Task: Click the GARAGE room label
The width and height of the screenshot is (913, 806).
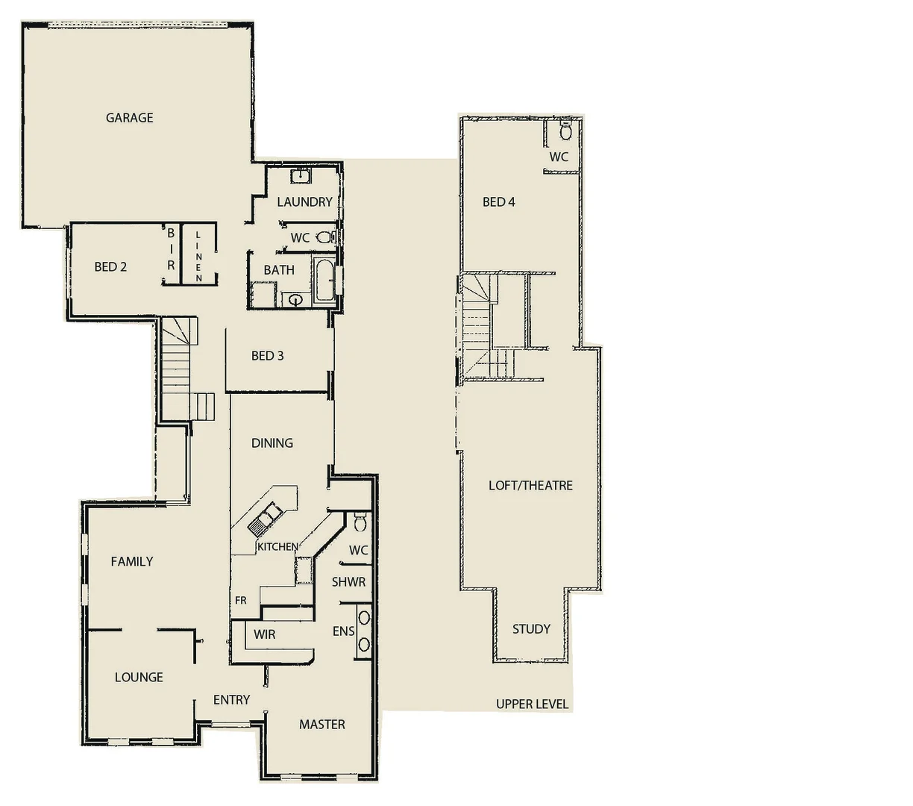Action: coord(129,117)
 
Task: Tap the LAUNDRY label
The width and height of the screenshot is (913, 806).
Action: coord(304,201)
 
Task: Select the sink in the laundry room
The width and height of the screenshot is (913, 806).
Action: coord(301,177)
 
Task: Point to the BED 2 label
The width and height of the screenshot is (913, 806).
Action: coord(110,266)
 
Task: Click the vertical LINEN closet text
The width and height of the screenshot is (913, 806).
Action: coord(198,256)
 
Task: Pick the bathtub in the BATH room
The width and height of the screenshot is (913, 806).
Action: coord(325,281)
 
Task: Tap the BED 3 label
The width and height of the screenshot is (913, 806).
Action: coord(267,355)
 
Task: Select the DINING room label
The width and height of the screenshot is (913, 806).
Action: coord(272,443)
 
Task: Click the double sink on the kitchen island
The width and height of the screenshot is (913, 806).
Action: coord(265,518)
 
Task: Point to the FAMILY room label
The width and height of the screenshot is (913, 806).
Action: coord(132,561)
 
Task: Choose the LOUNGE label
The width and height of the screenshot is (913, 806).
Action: coord(139,677)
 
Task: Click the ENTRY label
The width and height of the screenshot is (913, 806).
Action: coord(231,699)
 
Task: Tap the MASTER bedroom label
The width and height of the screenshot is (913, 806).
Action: coord(322,724)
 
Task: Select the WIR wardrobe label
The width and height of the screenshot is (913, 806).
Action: coord(264,634)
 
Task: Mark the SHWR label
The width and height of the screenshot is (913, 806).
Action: coord(348,581)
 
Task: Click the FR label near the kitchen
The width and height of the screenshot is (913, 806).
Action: coord(241,600)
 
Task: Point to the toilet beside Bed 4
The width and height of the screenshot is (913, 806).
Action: coord(565,133)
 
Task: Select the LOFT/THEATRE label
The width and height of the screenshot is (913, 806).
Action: coord(530,485)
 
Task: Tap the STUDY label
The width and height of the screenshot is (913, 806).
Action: coord(531,629)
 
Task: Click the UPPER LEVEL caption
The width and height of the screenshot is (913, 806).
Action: coord(532,704)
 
